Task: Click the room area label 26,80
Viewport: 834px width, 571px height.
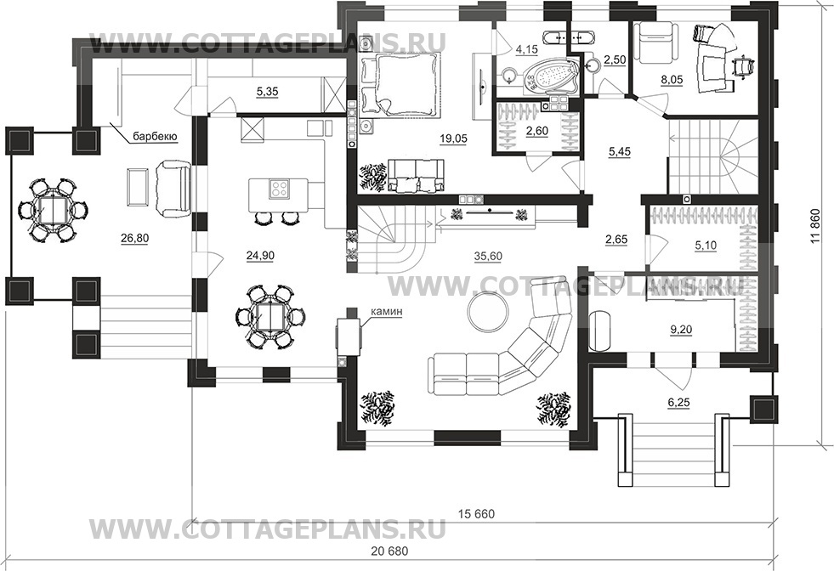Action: (x=134, y=239)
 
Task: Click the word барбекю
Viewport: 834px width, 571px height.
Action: (x=154, y=135)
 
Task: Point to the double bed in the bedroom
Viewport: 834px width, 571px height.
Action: (x=400, y=82)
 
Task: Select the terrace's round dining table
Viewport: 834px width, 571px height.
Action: (x=54, y=209)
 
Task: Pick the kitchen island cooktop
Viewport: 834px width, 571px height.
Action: (x=278, y=188)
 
